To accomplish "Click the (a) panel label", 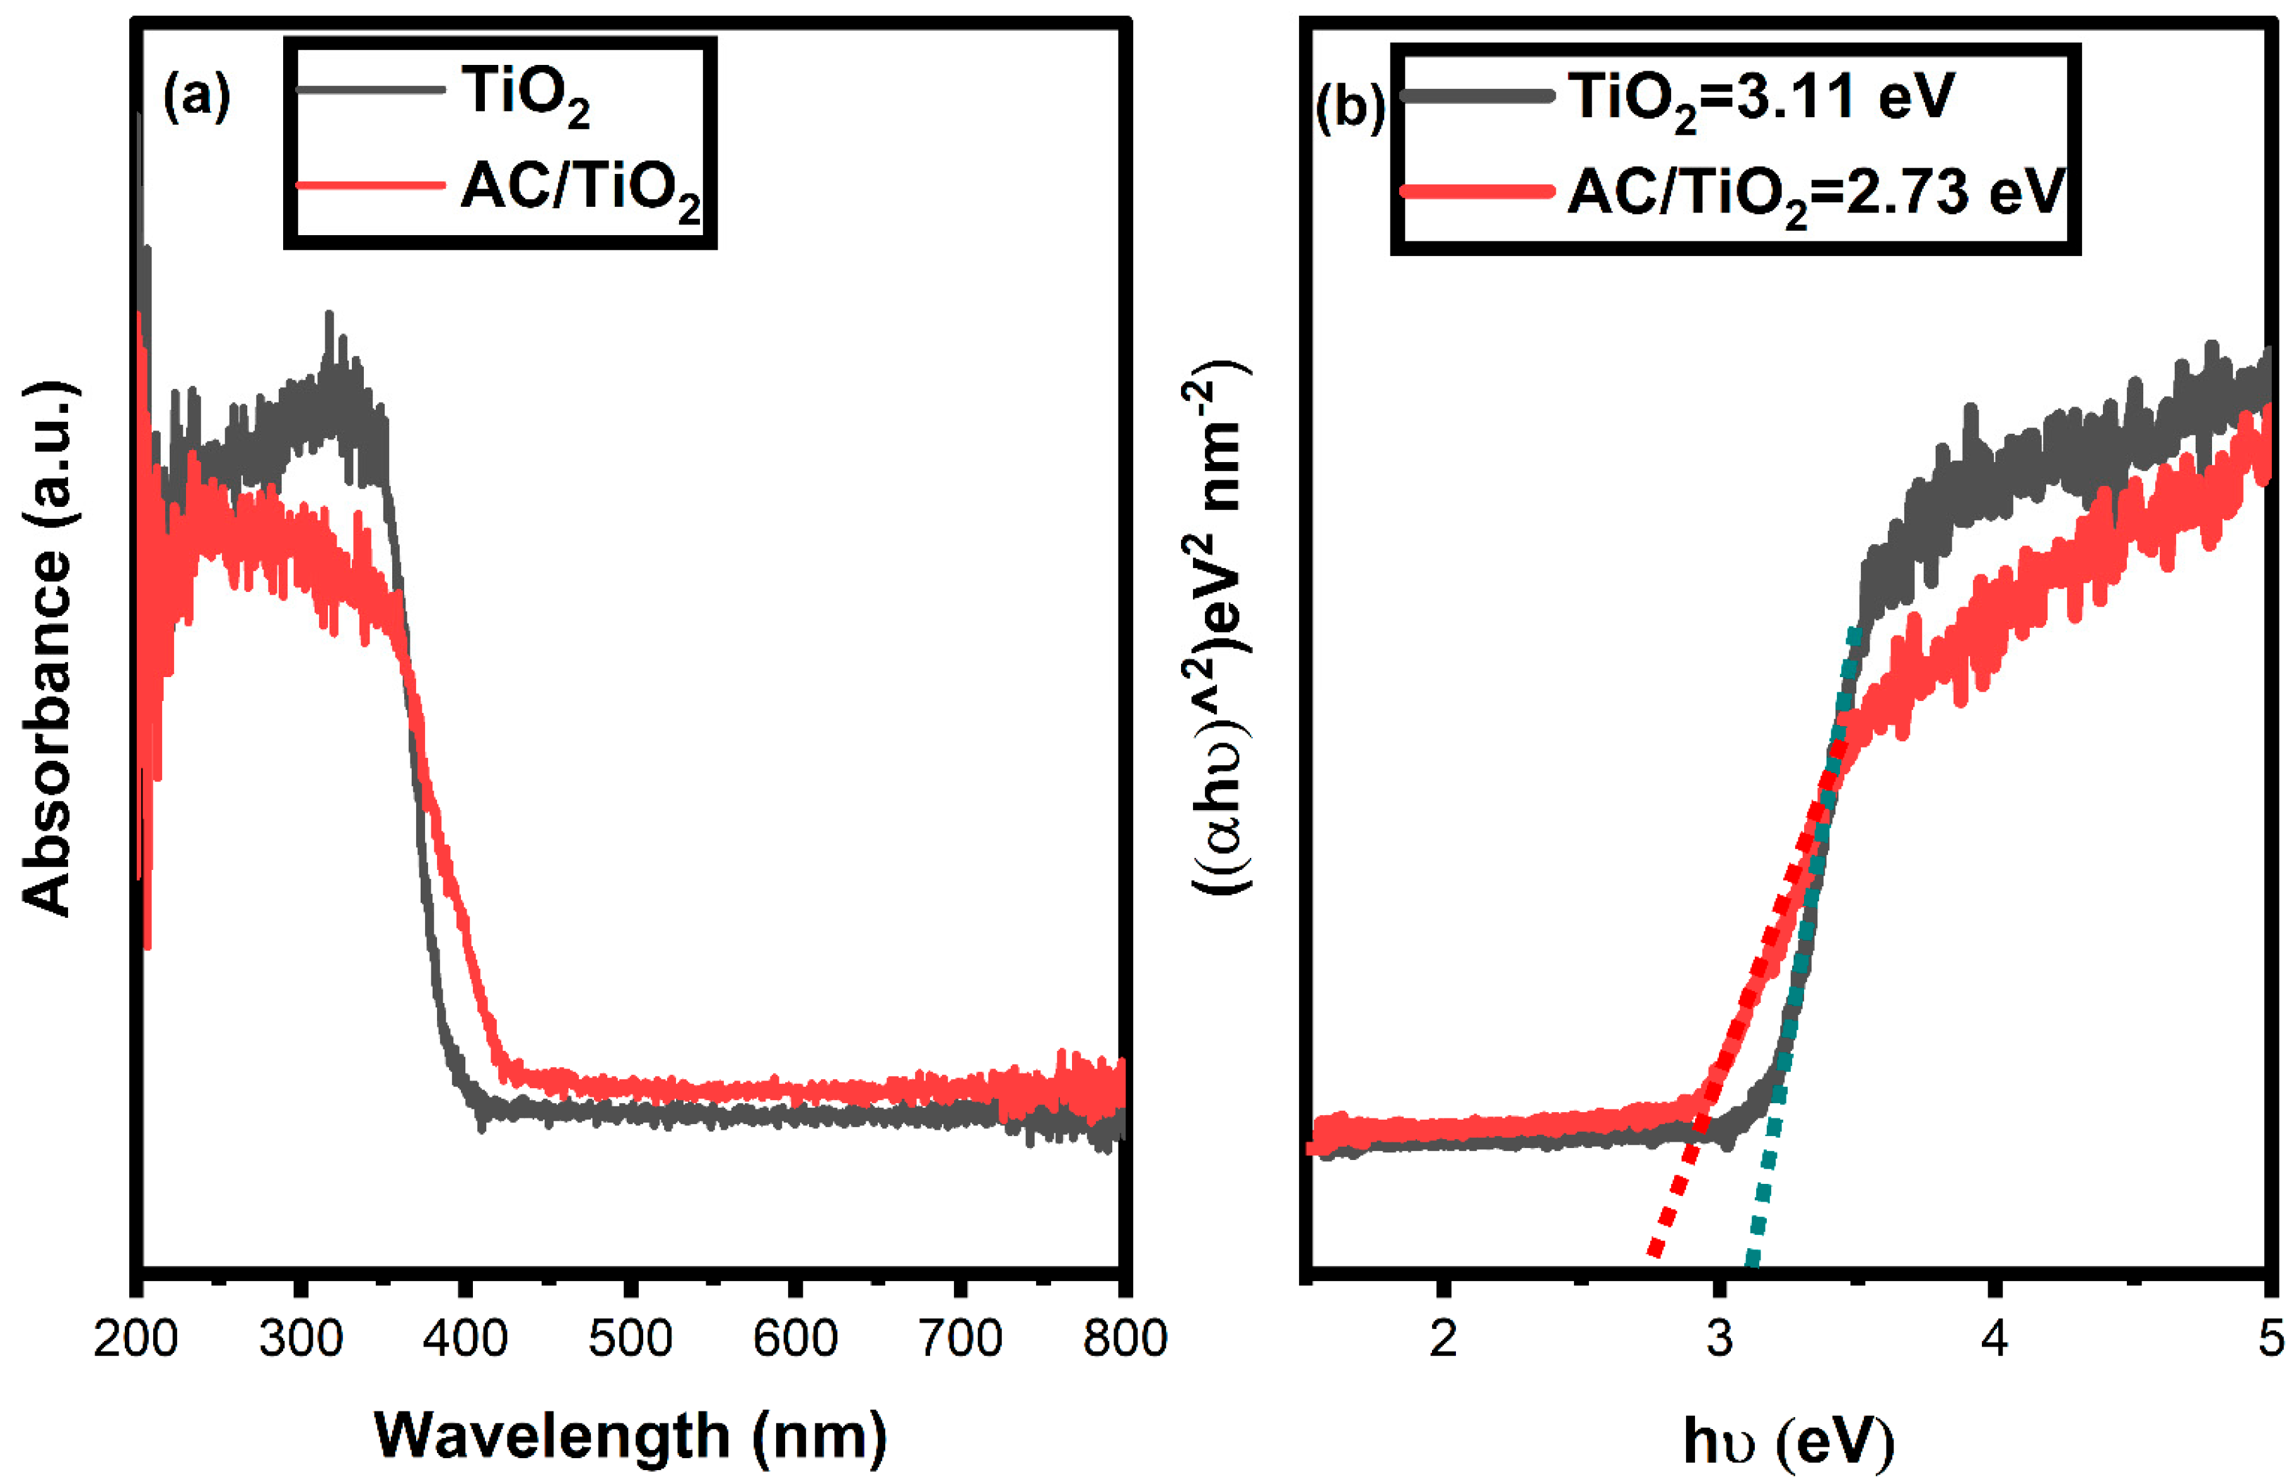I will click(197, 97).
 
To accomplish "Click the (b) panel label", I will click(1349, 107).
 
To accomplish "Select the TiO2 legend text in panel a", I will click(525, 95).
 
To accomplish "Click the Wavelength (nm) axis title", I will click(629, 1436).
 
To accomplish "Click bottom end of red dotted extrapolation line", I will click(1654, 1253).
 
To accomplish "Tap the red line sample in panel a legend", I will click(370, 185).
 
